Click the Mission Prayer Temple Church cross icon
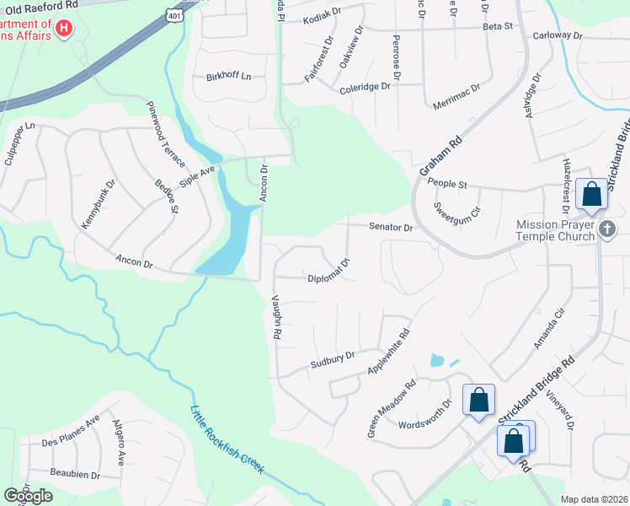pos(607,229)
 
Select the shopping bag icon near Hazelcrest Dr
pos(592,193)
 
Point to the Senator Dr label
pos(392,227)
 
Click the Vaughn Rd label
pos(275,316)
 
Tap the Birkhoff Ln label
pos(228,77)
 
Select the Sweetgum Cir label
pos(456,207)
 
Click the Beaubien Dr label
pos(75,475)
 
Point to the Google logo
pos(28,496)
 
